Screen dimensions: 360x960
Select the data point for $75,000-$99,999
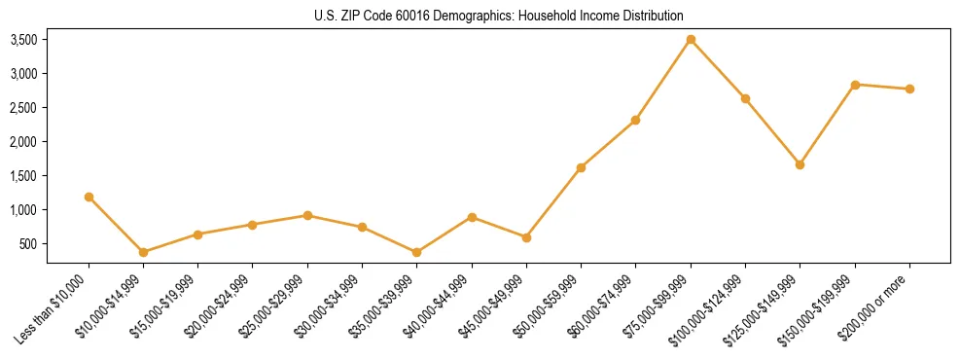pyautogui.click(x=691, y=40)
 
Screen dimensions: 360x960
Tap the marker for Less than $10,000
pyautogui.click(x=89, y=197)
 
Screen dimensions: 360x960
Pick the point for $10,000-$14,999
pyautogui.click(x=143, y=252)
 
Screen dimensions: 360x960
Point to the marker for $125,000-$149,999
pyautogui.click(x=800, y=164)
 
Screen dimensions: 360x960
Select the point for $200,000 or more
pyautogui.click(x=909, y=89)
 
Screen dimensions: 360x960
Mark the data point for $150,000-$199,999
pyautogui.click(x=855, y=85)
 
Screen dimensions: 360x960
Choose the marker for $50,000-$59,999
pyautogui.click(x=581, y=167)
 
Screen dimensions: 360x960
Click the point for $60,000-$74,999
pyautogui.click(x=635, y=120)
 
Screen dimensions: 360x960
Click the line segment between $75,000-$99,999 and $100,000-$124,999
pyautogui.click(x=718, y=69)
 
